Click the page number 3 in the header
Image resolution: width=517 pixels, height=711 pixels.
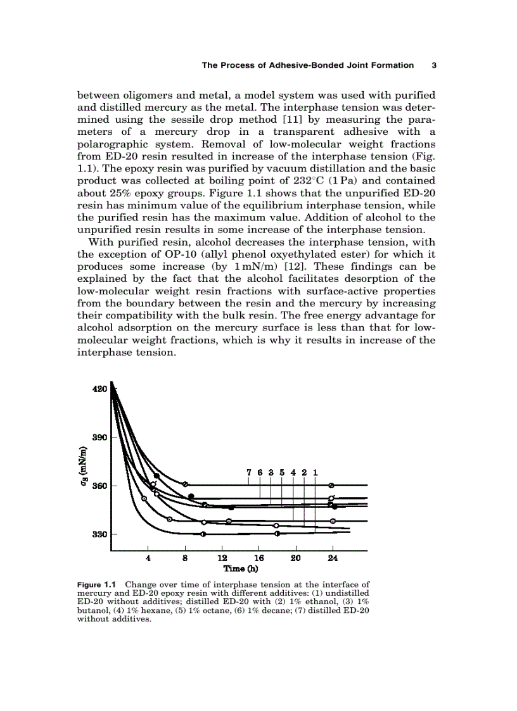(434, 65)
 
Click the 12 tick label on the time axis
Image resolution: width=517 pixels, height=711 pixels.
(222, 558)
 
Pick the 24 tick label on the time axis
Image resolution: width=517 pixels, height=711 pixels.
(332, 558)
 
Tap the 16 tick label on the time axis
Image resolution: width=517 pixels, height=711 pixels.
(258, 558)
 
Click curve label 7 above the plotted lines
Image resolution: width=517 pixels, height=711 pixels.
(250, 472)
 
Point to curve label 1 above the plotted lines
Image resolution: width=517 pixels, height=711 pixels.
(315, 472)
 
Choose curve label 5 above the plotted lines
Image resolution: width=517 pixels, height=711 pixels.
(282, 472)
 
